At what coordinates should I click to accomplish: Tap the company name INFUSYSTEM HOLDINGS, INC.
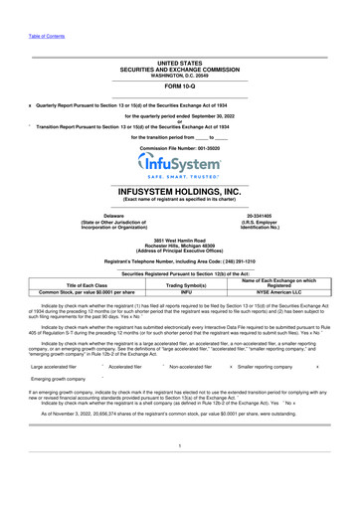pyautogui.click(x=179, y=191)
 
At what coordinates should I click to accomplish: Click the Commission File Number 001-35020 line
pyautogui.click(x=179, y=146)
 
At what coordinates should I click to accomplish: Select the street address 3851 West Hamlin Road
pyautogui.click(x=179, y=241)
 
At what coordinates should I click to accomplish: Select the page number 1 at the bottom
pyautogui.click(x=179, y=474)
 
